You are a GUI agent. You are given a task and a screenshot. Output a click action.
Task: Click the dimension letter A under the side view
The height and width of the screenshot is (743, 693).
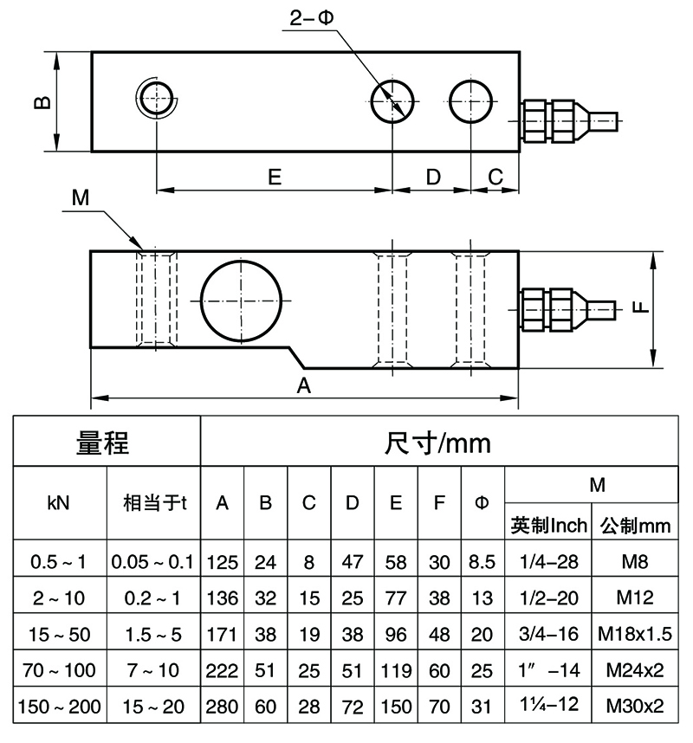coord(304,386)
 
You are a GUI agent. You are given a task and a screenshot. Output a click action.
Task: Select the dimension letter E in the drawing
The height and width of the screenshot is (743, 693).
coord(274,177)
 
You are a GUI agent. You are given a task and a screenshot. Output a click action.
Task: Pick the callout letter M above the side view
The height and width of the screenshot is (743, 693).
coord(81,197)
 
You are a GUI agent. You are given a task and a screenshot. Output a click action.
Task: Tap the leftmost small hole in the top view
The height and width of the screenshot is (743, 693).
coord(157,95)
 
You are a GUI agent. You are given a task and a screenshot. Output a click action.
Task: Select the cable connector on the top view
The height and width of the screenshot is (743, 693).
coord(567,117)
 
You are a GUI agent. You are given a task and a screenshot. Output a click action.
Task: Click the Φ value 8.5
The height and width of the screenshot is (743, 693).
coord(482,562)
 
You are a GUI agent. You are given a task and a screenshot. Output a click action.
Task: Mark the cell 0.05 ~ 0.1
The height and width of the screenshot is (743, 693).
coord(153,562)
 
